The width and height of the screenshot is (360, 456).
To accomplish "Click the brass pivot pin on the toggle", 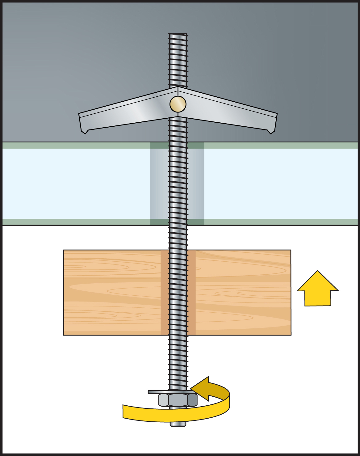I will pos(178,104).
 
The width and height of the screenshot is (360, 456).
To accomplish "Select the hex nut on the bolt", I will pos(178,400).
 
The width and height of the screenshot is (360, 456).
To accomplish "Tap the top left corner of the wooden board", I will pos(64,250).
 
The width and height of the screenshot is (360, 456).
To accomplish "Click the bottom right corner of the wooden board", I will pos(291,335).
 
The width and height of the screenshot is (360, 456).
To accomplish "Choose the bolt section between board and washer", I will pos(178,361).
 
